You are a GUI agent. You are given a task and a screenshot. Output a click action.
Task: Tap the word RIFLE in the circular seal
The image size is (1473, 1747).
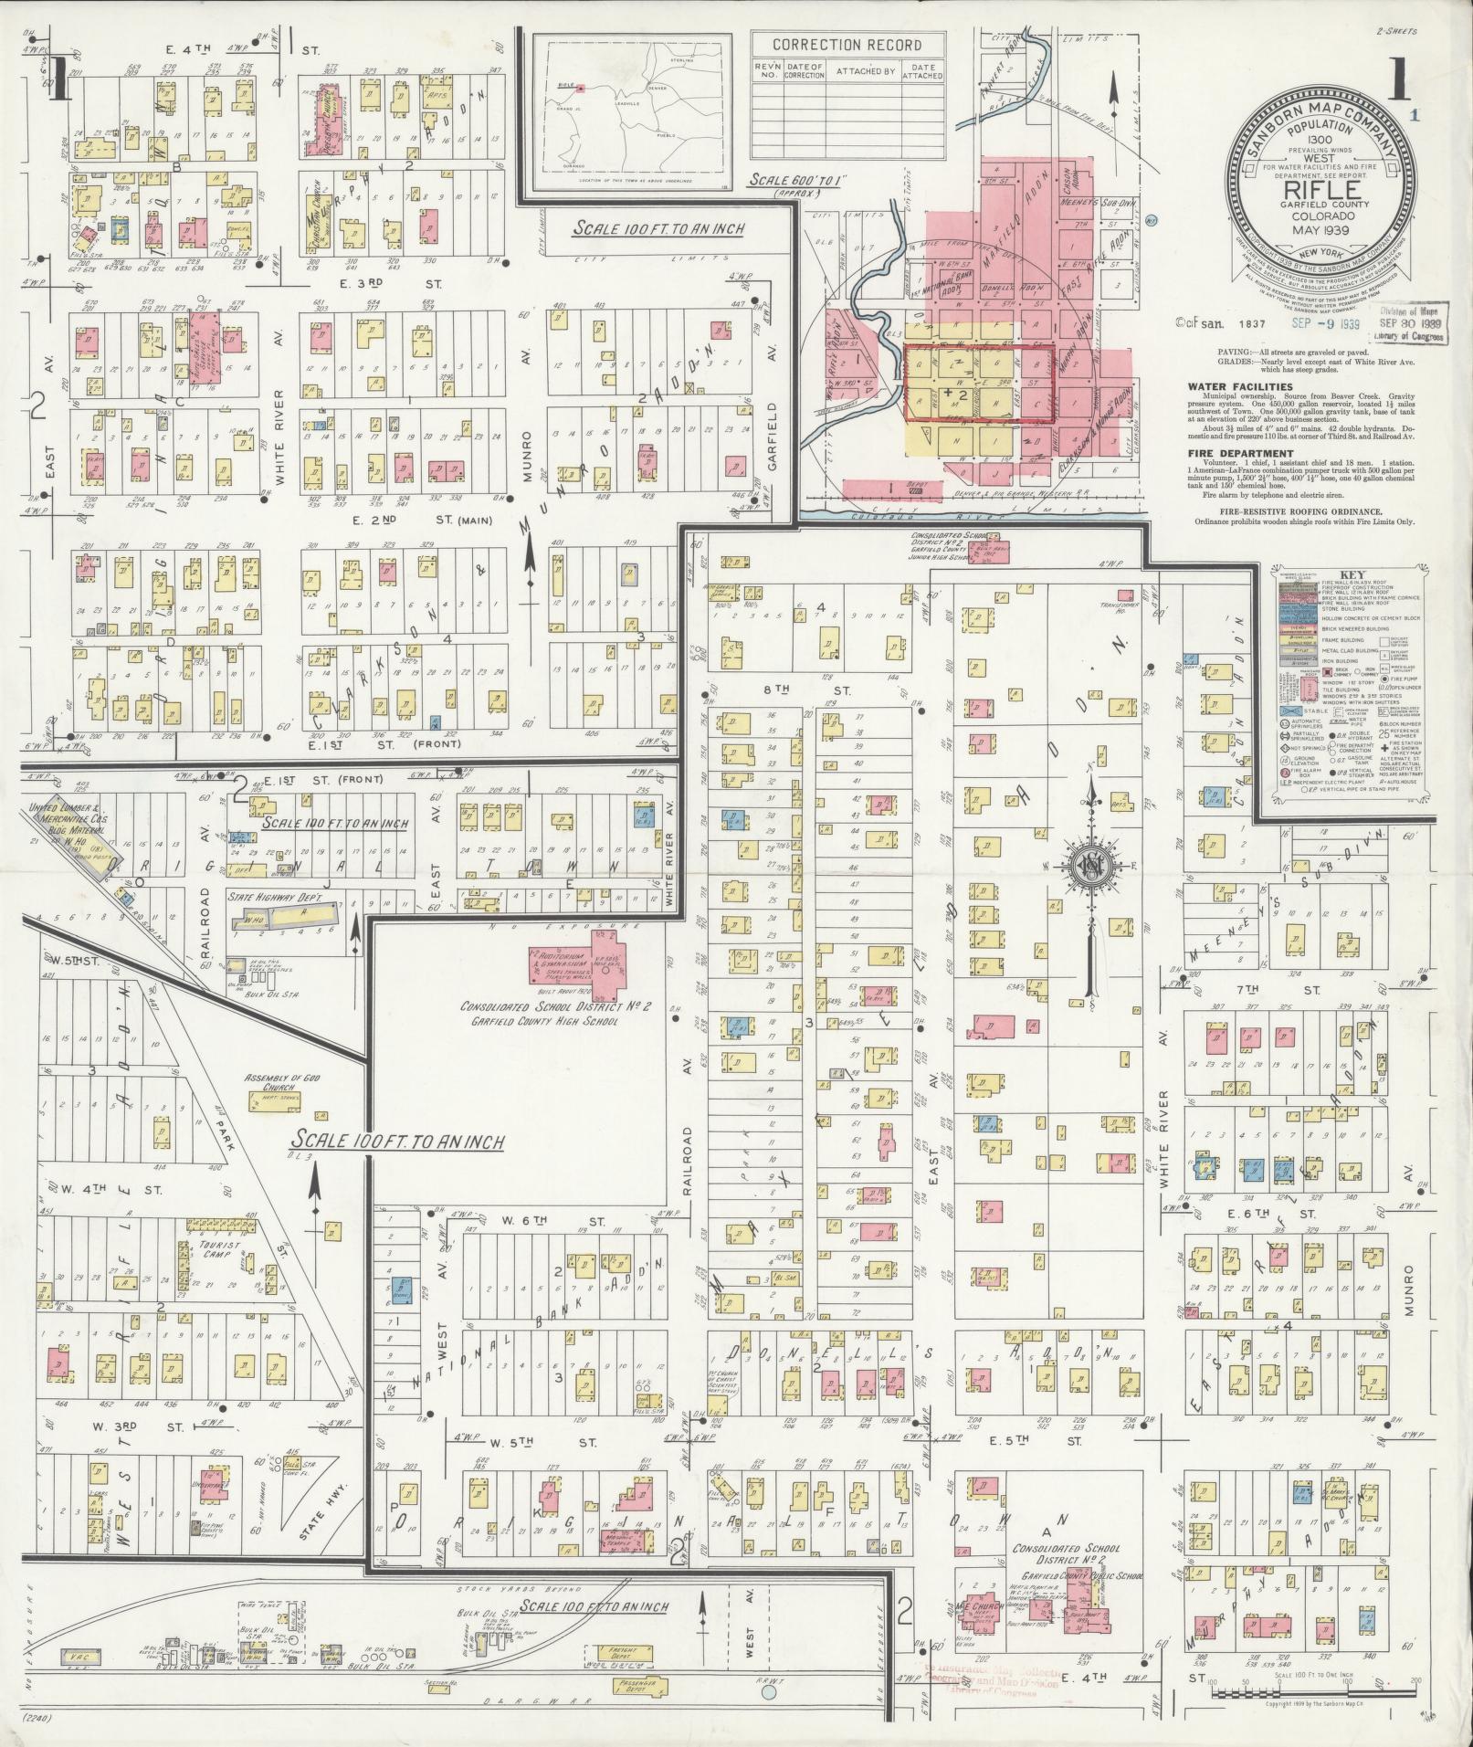coord(1322,190)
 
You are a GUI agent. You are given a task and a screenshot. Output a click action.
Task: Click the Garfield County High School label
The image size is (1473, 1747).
coord(540,1021)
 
